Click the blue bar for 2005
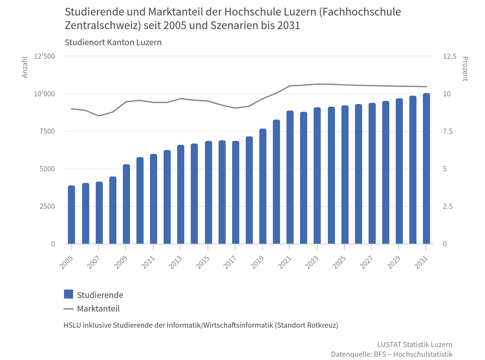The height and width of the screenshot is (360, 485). (71, 215)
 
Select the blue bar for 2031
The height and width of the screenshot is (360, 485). (426, 169)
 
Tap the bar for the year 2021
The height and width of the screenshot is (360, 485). (290, 177)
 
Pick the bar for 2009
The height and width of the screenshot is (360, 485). (126, 204)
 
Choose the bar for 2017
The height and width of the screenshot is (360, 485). (236, 193)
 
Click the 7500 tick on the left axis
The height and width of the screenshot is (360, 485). (47, 132)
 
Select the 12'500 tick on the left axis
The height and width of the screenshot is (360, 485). (45, 57)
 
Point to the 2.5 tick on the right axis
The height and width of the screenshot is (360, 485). (447, 206)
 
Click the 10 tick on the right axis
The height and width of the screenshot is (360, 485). (447, 94)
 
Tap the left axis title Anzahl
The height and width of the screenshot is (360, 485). (25, 67)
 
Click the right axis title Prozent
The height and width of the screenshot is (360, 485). (465, 69)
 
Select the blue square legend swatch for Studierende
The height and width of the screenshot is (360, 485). (69, 294)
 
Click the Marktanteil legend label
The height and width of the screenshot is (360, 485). (98, 309)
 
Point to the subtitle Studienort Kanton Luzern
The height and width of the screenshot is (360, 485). (113, 43)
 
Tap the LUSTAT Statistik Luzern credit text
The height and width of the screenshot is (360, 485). (415, 344)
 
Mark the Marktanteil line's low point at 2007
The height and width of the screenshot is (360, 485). (99, 116)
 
